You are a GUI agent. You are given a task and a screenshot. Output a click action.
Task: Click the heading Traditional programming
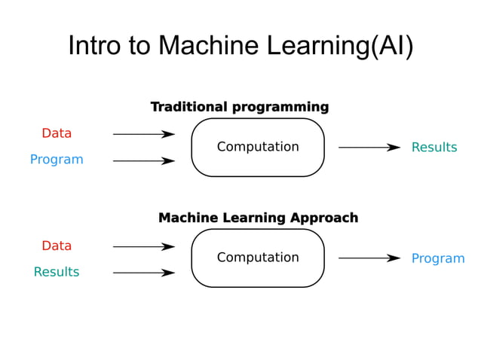pos(239,107)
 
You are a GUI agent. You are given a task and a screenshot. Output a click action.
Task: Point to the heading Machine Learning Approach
pos(258,218)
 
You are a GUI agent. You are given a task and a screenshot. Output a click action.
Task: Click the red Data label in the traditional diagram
pos(57,133)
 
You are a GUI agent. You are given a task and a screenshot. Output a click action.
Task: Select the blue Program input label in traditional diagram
pos(57,160)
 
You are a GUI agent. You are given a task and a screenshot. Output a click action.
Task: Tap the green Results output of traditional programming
pos(434,148)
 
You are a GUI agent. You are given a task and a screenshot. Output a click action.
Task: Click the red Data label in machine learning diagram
pos(57,246)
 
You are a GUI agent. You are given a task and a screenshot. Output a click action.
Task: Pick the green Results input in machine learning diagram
pos(57,272)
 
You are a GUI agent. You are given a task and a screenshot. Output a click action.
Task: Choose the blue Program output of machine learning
pos(437,258)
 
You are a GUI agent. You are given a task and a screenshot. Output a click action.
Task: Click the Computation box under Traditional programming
pos(258,147)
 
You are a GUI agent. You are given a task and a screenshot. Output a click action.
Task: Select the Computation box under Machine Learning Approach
pos(258,258)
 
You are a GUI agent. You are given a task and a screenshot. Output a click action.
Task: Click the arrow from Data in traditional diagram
pos(143,134)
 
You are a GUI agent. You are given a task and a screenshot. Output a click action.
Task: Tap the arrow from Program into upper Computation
pos(143,160)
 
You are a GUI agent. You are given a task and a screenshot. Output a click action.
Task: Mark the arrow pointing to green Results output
pos(369,148)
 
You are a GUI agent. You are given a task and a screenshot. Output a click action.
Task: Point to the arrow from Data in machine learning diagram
pos(143,246)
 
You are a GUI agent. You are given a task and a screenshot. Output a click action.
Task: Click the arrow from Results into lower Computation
pos(143,273)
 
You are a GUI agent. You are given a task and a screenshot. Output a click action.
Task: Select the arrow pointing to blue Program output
pos(369,258)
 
